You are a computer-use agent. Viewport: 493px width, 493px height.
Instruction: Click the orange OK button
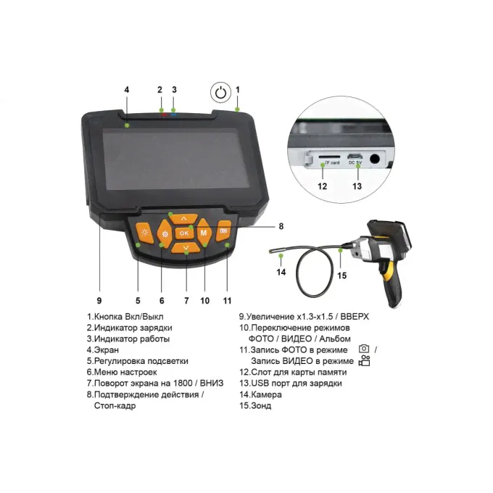(184, 233)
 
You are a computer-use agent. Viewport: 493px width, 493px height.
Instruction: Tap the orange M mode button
(204, 232)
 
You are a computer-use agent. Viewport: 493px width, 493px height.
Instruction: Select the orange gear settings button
(165, 234)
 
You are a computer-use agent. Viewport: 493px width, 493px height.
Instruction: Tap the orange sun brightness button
(144, 233)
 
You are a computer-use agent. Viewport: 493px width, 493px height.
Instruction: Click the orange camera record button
(223, 231)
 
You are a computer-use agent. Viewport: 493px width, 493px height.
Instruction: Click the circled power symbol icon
(220, 93)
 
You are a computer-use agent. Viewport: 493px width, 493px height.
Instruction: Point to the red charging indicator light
(164, 115)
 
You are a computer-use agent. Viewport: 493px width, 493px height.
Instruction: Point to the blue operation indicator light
(173, 115)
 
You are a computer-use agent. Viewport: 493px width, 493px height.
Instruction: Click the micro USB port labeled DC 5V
(355, 157)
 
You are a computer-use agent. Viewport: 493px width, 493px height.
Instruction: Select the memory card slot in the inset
(329, 157)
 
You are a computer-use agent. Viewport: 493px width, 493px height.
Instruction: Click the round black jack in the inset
(375, 159)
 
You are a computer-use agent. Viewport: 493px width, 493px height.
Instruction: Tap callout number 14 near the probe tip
(281, 272)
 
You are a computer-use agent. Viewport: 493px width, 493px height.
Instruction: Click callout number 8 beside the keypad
(281, 226)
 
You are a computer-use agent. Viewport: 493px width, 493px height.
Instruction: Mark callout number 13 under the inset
(357, 186)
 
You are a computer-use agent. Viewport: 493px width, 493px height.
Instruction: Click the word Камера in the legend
(266, 394)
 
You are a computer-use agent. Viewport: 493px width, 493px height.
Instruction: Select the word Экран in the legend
(107, 350)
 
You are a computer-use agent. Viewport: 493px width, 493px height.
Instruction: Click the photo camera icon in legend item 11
(364, 349)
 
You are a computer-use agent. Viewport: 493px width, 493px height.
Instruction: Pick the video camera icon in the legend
(365, 360)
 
